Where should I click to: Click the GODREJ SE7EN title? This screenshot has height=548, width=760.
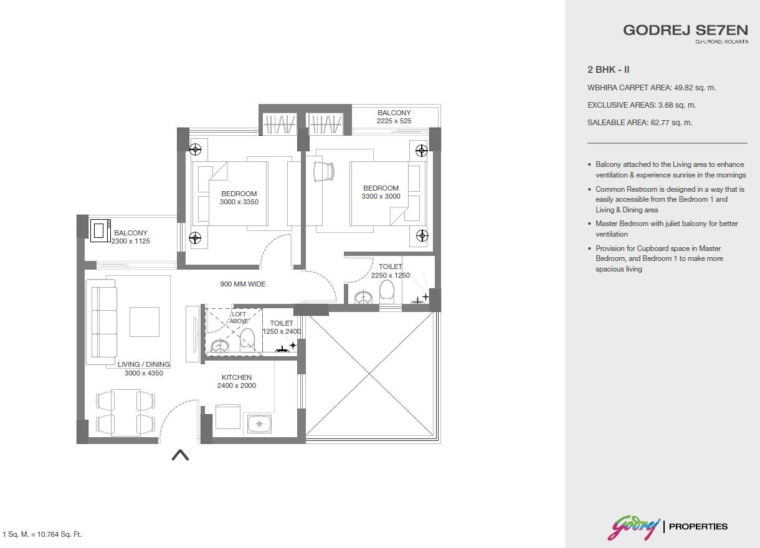(x=685, y=30)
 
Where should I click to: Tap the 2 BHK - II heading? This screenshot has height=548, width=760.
(x=609, y=70)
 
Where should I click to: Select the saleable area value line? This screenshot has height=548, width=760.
(x=640, y=123)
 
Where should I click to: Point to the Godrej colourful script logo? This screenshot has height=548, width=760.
(x=634, y=526)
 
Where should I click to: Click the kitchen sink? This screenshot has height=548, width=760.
(x=259, y=424)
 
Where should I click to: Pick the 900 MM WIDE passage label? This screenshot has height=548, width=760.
(x=242, y=284)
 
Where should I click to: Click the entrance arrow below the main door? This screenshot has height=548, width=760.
(x=180, y=455)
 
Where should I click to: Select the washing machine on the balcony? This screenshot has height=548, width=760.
(x=100, y=230)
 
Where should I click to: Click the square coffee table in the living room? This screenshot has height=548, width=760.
(x=144, y=322)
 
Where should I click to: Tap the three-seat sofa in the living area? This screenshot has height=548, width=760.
(x=101, y=322)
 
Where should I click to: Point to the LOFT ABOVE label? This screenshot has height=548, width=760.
(x=239, y=318)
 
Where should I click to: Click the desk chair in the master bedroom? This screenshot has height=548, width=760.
(x=323, y=172)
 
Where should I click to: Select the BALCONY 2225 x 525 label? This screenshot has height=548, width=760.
(x=394, y=116)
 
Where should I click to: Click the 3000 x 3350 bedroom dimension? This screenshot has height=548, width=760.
(x=239, y=202)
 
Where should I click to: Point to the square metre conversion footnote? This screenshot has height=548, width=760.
(x=42, y=534)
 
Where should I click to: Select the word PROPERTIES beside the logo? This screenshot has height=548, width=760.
(x=698, y=527)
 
